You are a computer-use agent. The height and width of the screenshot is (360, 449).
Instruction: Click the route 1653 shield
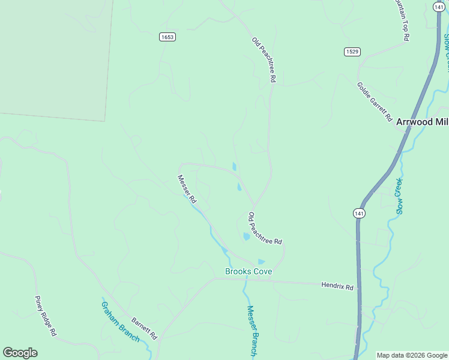[167, 37]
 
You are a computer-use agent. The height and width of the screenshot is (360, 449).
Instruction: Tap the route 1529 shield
[352, 52]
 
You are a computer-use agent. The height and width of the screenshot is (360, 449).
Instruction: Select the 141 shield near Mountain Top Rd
[438, 6]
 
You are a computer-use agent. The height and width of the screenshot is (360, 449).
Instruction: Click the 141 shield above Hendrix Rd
[359, 213]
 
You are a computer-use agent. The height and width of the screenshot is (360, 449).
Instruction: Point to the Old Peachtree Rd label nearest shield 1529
[264, 59]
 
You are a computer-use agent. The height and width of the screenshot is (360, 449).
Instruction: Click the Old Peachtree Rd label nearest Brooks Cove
[265, 229]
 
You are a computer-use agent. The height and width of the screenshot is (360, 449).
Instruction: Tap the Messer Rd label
[187, 188]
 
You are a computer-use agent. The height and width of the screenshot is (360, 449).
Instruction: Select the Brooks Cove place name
[249, 272]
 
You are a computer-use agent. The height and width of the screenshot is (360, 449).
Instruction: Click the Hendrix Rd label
[337, 286]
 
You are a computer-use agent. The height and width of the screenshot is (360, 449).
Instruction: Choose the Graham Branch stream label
[120, 321]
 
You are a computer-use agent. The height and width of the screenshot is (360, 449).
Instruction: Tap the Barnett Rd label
[144, 328]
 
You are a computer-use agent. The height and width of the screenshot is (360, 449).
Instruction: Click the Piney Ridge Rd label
[46, 316]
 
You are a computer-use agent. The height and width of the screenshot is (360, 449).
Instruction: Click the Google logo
[20, 353]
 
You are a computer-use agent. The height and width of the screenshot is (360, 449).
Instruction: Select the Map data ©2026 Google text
[412, 355]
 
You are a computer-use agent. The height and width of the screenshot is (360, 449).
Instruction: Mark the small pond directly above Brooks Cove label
[261, 262]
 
